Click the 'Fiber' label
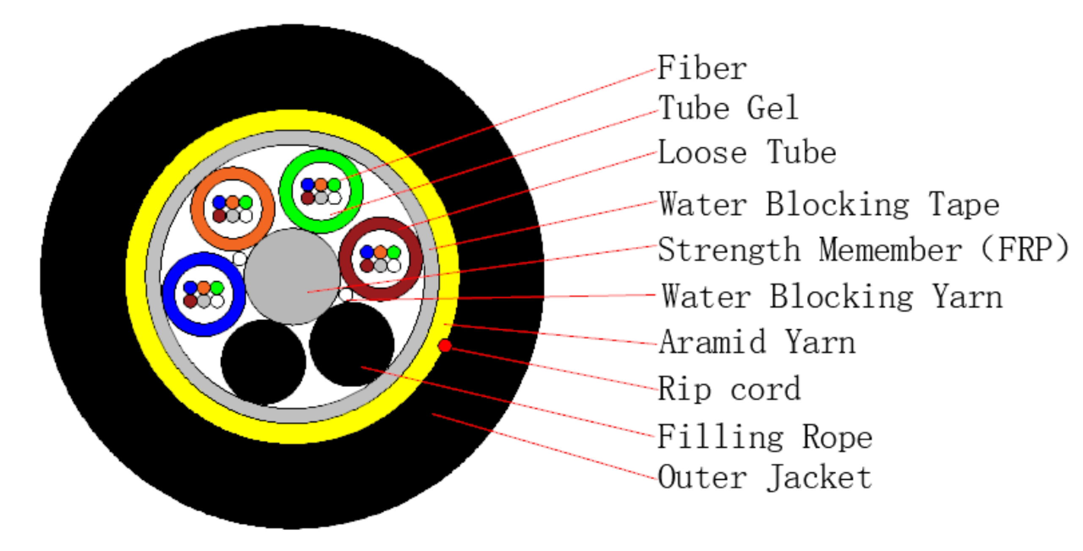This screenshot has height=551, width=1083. click(702, 69)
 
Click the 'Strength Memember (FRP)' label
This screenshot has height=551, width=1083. click(863, 250)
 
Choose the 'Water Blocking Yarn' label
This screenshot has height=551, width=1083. click(832, 296)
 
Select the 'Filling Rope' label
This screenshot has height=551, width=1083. click(765, 437)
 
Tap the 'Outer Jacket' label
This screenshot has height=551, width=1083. click(765, 477)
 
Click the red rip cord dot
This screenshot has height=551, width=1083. click(445, 346)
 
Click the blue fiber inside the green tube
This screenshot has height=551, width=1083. click(308, 185)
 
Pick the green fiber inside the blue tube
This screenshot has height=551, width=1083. click(217, 288)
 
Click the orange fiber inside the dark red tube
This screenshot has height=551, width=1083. click(380, 252)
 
